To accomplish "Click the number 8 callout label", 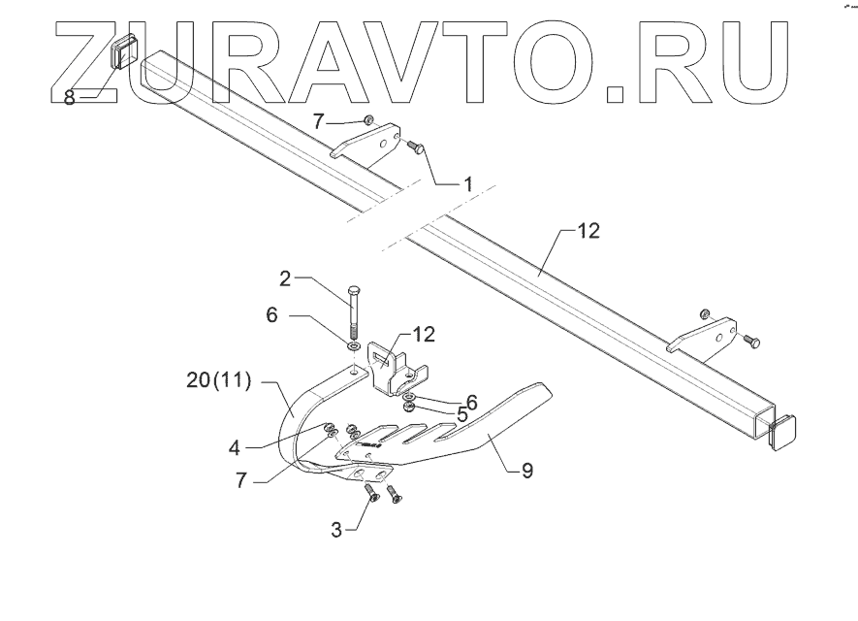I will pos(69,97).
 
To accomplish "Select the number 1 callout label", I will pos(466,183).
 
